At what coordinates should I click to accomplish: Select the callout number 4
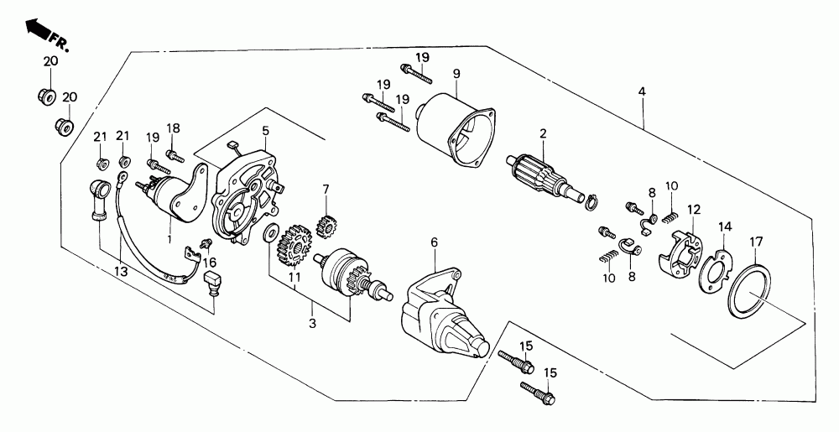642,91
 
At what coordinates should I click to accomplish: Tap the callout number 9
456,74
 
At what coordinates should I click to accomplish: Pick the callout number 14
724,226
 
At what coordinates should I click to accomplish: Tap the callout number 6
435,242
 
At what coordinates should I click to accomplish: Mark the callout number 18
174,128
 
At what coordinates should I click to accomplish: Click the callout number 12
694,209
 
